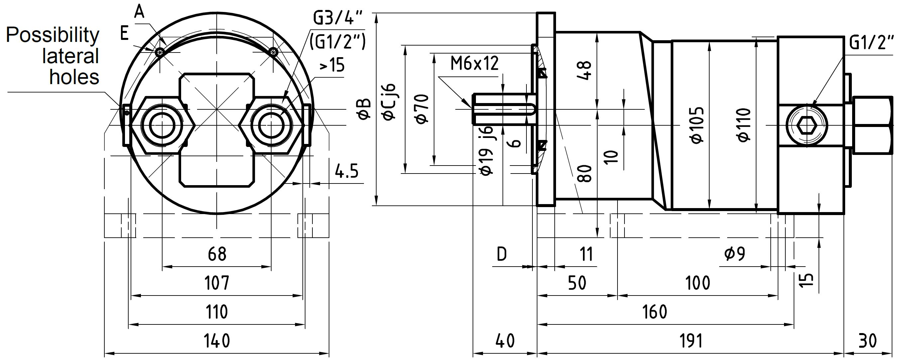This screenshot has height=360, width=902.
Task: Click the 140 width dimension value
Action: coord(217,341)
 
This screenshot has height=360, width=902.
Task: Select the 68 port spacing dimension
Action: coord(217,254)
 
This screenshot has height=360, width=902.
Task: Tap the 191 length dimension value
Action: coord(691,341)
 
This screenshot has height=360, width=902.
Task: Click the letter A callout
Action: coord(139,12)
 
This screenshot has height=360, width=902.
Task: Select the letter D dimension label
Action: coord(502,254)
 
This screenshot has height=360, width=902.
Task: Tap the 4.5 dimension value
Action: coord(347,172)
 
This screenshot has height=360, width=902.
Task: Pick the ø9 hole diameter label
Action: coord(734,254)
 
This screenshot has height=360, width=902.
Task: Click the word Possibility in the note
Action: coord(53,35)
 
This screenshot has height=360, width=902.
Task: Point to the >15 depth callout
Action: coord(332,65)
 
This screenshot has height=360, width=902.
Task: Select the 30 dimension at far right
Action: coord(868,341)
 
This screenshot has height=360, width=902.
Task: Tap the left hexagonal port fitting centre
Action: coord(162,125)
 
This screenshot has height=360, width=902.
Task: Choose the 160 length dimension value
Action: coord(655,312)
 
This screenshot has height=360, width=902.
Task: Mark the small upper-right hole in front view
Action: coord(274,53)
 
